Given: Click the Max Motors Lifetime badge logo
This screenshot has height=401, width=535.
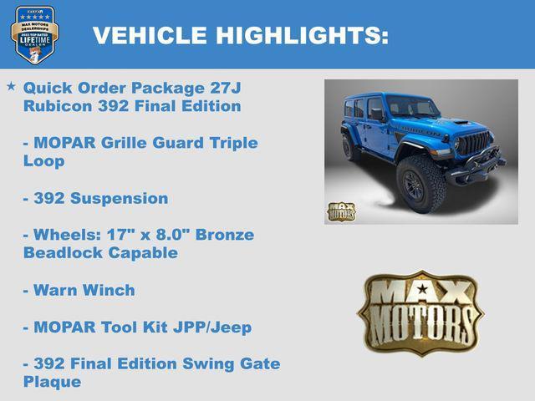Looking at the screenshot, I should click(x=34, y=36).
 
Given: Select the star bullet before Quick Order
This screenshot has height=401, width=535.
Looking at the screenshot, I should click(x=11, y=86).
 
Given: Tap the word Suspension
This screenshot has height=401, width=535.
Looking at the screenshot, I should click(x=121, y=198).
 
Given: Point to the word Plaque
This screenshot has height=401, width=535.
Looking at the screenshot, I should click(x=53, y=382).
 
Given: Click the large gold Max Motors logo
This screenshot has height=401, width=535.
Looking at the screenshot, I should click(x=420, y=312).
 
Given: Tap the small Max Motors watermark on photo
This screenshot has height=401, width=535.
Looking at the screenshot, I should click(x=340, y=211).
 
